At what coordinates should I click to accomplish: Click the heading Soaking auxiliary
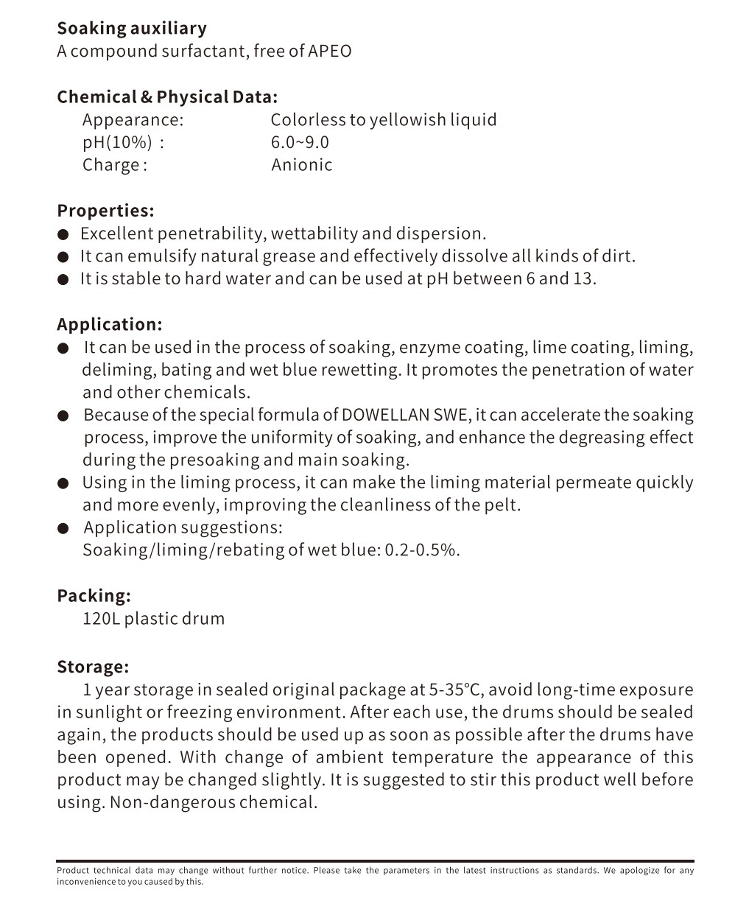pyautogui.click(x=132, y=29)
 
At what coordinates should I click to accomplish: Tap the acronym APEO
pyautogui.click(x=330, y=51)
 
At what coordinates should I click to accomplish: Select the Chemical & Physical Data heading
pyautogui.click(x=167, y=97)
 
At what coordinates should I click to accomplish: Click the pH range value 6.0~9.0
pyautogui.click(x=300, y=142)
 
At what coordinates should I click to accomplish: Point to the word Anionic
pyautogui.click(x=301, y=165)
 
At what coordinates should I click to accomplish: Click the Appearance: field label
pyautogui.click(x=133, y=120)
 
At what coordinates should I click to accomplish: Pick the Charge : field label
pyautogui.click(x=115, y=165)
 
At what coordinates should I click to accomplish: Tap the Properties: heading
pyautogui.click(x=105, y=211)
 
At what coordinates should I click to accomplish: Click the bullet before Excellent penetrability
pyautogui.click(x=64, y=234)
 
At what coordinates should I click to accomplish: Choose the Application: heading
pyautogui.click(x=109, y=324)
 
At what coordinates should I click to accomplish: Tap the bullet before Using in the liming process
pyautogui.click(x=64, y=483)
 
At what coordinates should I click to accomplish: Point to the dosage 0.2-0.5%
pyautogui.click(x=421, y=550)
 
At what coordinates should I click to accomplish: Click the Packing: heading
pyautogui.click(x=94, y=595)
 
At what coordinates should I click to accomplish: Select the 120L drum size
pyautogui.click(x=100, y=618)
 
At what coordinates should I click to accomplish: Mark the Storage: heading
pyautogui.click(x=93, y=667)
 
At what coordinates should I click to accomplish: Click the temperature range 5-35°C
pyautogui.click(x=454, y=690)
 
